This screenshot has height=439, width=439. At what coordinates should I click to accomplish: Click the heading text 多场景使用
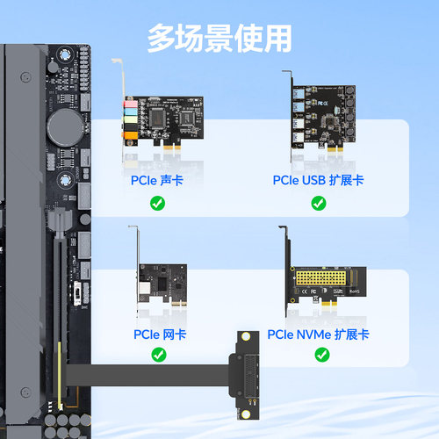click(x=219, y=38)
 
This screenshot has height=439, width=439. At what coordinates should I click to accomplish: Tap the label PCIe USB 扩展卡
click(x=318, y=180)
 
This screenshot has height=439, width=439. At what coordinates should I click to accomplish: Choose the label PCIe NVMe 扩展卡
click(x=318, y=334)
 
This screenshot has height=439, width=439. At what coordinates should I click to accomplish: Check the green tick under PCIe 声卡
click(x=158, y=203)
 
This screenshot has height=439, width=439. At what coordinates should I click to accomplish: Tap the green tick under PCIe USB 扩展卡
click(x=318, y=203)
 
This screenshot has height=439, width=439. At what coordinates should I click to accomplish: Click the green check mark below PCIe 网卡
click(x=159, y=355)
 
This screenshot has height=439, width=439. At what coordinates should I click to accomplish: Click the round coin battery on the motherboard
click(x=64, y=126)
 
